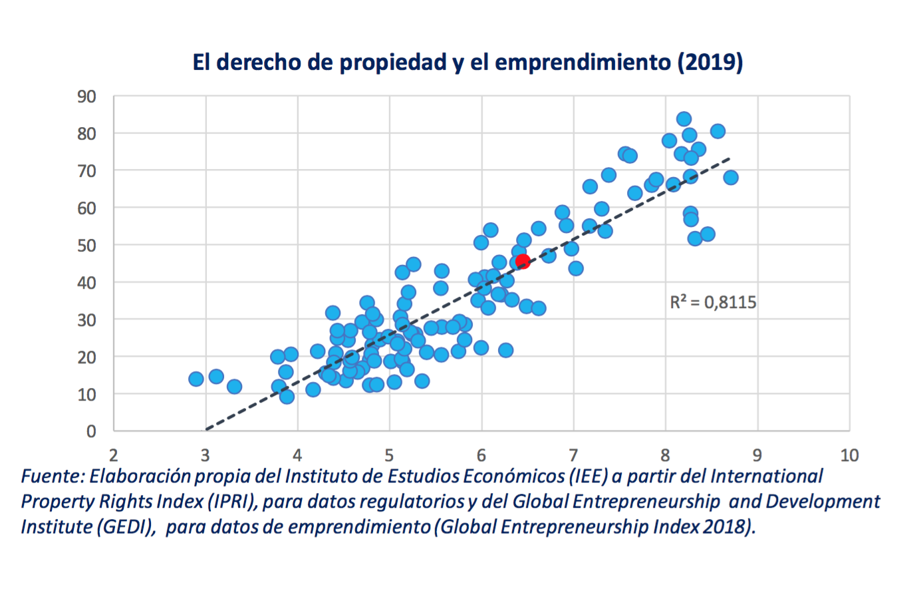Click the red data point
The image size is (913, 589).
coord(523,261)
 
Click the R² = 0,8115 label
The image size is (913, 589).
coord(713,303)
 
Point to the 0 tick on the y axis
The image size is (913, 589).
coord(91,431)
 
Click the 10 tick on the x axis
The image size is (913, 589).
coord(849,455)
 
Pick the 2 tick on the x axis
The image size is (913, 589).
coord(114,455)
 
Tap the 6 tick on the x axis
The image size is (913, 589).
coord(481,455)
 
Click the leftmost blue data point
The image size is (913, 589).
coord(196,379)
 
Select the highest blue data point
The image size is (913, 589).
coord(684,119)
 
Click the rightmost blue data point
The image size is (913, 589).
coord(731,178)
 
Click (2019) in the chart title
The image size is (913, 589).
coord(710,62)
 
